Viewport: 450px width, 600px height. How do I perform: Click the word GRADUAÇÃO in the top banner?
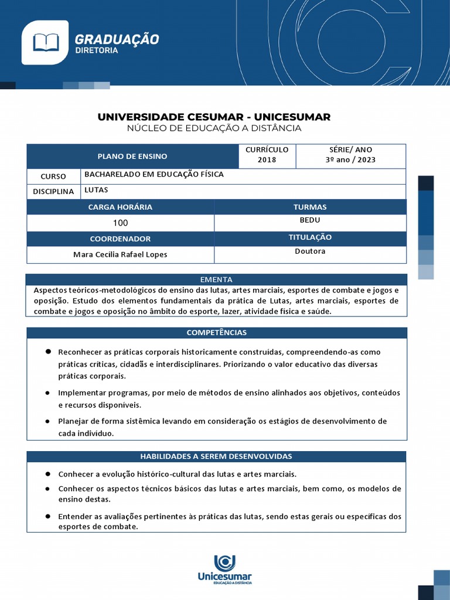117,39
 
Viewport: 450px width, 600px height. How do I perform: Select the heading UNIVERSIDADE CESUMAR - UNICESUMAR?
214,117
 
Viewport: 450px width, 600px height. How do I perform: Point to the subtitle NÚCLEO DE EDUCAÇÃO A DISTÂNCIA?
214,128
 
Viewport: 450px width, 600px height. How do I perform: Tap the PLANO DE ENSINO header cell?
132,156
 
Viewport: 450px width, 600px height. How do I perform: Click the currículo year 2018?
267,160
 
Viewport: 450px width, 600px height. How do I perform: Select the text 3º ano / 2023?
350,160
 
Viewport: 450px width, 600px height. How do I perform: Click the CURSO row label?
53,176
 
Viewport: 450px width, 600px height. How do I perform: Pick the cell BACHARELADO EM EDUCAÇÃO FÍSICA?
154,175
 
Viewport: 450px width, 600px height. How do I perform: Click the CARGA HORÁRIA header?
120,207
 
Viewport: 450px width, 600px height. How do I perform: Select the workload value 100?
120,223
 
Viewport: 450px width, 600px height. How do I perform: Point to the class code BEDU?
310,220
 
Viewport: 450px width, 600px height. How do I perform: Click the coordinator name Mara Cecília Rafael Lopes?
120,255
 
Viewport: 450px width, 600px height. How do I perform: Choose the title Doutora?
310,251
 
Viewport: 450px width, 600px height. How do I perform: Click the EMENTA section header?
216,279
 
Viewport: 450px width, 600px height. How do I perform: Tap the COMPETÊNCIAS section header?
216,333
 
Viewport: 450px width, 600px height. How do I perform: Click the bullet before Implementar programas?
47,393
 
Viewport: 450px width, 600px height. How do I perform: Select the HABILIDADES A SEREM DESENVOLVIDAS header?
216,456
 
